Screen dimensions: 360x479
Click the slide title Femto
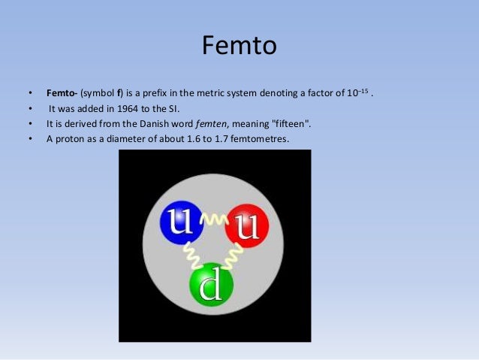[239, 47]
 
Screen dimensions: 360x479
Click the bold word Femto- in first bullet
[62, 94]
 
